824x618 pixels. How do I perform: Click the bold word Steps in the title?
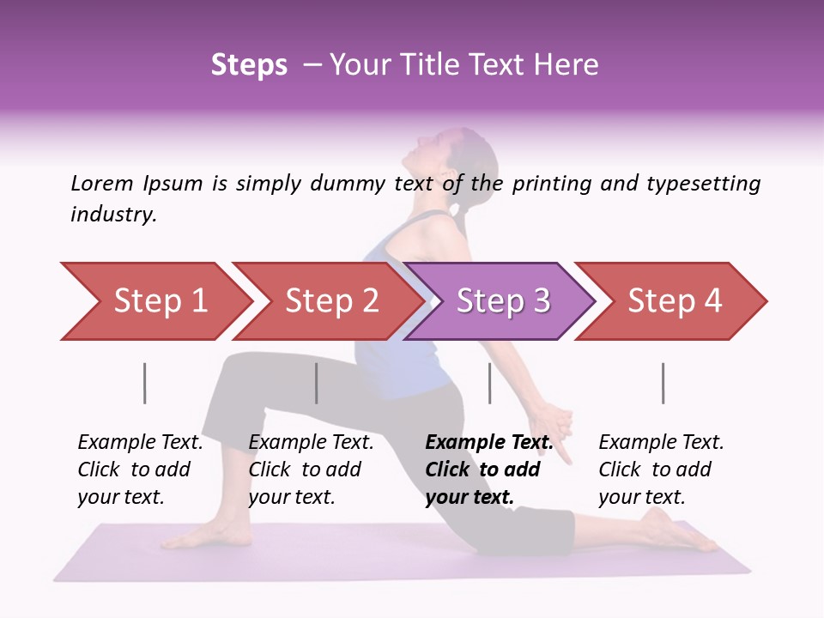click(249, 65)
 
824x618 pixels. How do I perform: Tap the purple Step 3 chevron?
click(502, 301)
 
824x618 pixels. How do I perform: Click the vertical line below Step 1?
click(145, 383)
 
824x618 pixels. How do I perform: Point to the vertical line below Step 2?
click(317, 383)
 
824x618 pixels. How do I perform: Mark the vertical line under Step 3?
click(489, 383)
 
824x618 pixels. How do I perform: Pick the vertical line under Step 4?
click(663, 383)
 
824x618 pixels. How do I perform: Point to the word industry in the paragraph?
click(113, 215)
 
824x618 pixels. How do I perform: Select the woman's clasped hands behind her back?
click(553, 425)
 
